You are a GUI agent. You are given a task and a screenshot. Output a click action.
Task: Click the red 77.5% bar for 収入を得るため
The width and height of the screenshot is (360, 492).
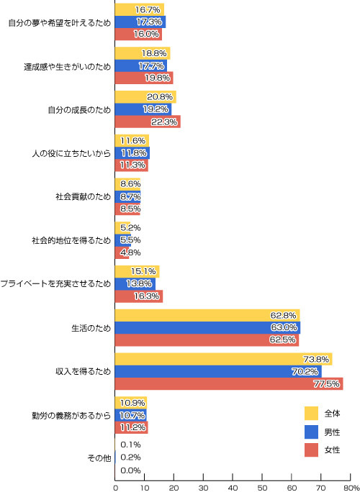click(x=229, y=384)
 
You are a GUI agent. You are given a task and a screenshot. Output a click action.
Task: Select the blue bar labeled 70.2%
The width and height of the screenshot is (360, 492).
click(x=218, y=371)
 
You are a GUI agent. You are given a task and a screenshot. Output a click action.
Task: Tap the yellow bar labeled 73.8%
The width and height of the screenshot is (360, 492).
click(x=224, y=359)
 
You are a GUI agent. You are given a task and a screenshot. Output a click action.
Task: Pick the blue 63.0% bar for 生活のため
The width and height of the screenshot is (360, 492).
click(x=207, y=327)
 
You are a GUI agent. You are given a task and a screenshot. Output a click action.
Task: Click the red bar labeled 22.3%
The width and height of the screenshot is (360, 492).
click(x=148, y=122)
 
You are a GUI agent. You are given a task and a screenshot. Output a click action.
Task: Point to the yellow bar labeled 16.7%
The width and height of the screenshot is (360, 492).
click(x=140, y=9)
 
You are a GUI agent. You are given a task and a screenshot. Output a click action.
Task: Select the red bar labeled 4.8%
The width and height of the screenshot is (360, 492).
click(x=122, y=252)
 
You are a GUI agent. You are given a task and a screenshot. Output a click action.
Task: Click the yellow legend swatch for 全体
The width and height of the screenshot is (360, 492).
click(x=311, y=414)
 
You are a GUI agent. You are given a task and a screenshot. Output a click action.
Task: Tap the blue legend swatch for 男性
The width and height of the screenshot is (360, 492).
click(x=311, y=432)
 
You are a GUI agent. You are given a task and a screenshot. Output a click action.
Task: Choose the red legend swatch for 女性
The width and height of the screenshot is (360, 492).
click(x=311, y=450)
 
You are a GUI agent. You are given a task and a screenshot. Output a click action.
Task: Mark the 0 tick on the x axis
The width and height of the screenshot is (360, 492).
click(x=115, y=487)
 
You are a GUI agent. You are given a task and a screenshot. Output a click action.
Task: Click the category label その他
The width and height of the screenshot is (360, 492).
click(x=99, y=458)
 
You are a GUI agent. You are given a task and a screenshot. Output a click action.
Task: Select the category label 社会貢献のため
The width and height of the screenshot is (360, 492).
click(x=84, y=197)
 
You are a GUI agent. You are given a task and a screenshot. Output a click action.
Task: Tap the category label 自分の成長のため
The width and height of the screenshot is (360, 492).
click(x=79, y=110)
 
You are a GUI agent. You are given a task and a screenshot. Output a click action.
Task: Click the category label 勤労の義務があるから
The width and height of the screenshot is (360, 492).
click(x=71, y=415)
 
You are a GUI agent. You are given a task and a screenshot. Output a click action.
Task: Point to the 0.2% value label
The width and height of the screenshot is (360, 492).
click(x=130, y=457)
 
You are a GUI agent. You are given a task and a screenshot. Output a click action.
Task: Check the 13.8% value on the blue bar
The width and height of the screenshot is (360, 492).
click(x=140, y=284)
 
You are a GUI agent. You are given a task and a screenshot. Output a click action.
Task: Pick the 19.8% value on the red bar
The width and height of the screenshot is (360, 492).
click(x=158, y=78)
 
